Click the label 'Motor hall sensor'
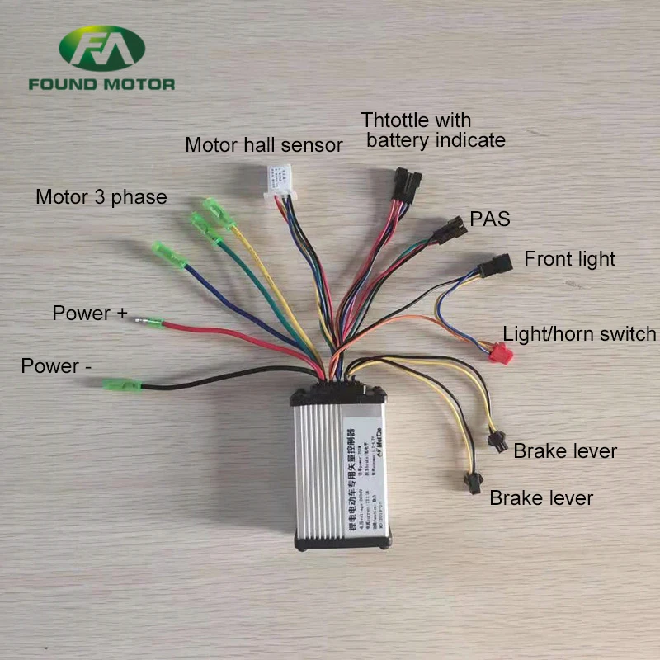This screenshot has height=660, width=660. point(263,145)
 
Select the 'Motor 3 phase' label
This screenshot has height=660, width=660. point(101,197)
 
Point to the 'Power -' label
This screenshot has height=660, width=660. point(56,365)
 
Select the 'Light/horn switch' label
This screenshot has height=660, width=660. point(579,334)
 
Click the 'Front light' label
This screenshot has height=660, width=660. point(569,259)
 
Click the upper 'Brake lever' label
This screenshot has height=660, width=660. point(565,451)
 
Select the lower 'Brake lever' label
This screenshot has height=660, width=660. point(541,498)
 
